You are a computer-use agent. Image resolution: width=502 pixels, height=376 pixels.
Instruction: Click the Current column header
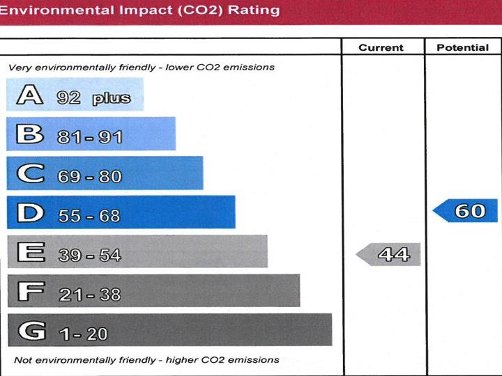(381, 47)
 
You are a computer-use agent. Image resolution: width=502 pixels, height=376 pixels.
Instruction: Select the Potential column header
(462, 47)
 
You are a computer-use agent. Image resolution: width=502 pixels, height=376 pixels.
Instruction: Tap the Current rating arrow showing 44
(389, 255)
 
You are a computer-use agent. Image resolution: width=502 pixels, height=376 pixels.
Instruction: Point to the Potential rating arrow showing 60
(466, 210)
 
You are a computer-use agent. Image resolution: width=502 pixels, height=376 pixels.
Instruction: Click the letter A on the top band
(30, 95)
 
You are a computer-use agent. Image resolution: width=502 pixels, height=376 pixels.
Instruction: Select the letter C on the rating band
(30, 173)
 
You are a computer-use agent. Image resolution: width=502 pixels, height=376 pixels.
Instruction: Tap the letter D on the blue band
(30, 213)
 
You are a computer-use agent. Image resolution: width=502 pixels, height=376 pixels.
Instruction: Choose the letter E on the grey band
(30, 252)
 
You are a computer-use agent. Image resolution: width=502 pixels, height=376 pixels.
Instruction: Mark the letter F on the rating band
(29, 292)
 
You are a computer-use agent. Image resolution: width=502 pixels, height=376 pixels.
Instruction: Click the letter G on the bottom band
(30, 331)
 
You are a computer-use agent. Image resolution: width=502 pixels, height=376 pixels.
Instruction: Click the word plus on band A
(112, 98)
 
